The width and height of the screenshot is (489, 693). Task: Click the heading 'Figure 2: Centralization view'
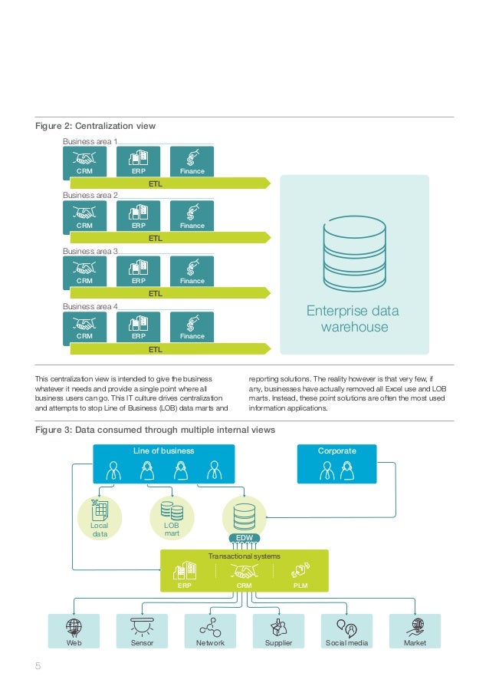pyautogui.click(x=97, y=126)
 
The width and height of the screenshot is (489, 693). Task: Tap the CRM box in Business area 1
pyautogui.click(x=84, y=162)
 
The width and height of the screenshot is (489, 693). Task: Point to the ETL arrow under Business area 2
pyautogui.click(x=169, y=239)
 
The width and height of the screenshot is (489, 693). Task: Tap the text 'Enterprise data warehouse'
pyautogui.click(x=353, y=319)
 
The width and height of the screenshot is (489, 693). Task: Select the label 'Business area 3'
pyautogui.click(x=90, y=251)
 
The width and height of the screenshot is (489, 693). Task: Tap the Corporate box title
pyautogui.click(x=336, y=450)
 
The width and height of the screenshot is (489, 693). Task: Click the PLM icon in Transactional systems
pyautogui.click(x=300, y=571)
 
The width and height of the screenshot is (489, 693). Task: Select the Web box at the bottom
pyautogui.click(x=74, y=631)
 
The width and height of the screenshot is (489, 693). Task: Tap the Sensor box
pyautogui.click(x=142, y=631)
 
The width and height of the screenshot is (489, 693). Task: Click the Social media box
pyautogui.click(x=346, y=631)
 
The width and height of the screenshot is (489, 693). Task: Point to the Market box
pyautogui.click(x=415, y=631)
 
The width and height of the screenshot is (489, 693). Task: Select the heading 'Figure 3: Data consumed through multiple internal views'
pyautogui.click(x=156, y=430)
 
